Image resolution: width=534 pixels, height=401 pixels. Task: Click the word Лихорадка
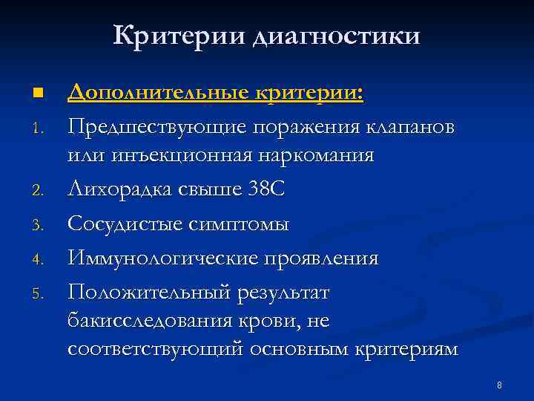[120, 191]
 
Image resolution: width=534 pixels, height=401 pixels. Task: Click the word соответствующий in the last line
[155, 350]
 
